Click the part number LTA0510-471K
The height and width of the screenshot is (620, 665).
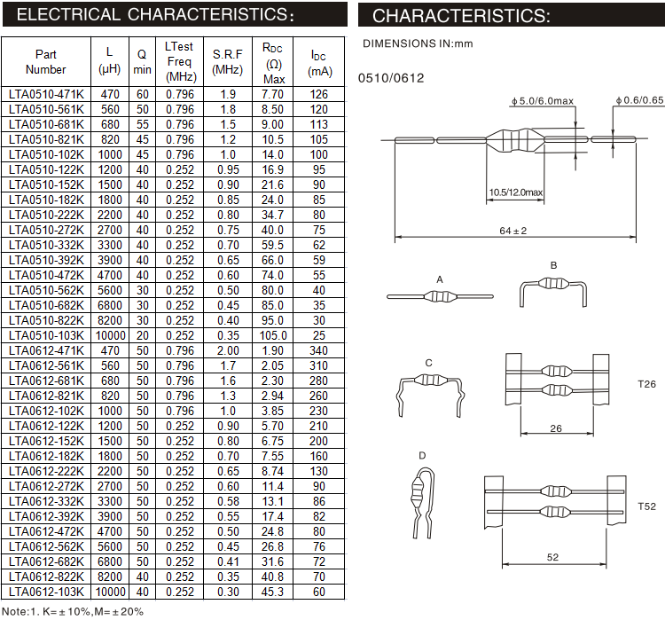46,94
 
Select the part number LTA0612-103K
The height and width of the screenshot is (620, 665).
46,592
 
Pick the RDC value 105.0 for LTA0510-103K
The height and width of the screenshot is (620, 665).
273,335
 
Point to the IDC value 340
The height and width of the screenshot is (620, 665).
319,350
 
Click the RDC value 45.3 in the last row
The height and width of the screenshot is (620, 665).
273,592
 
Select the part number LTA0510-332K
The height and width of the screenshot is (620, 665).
46,245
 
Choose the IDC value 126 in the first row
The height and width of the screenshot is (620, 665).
319,94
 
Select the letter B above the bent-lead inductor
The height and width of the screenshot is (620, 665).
553,265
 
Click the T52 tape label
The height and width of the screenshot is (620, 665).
646,506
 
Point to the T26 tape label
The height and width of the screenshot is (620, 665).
646,385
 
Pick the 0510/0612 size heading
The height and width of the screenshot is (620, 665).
391,78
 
